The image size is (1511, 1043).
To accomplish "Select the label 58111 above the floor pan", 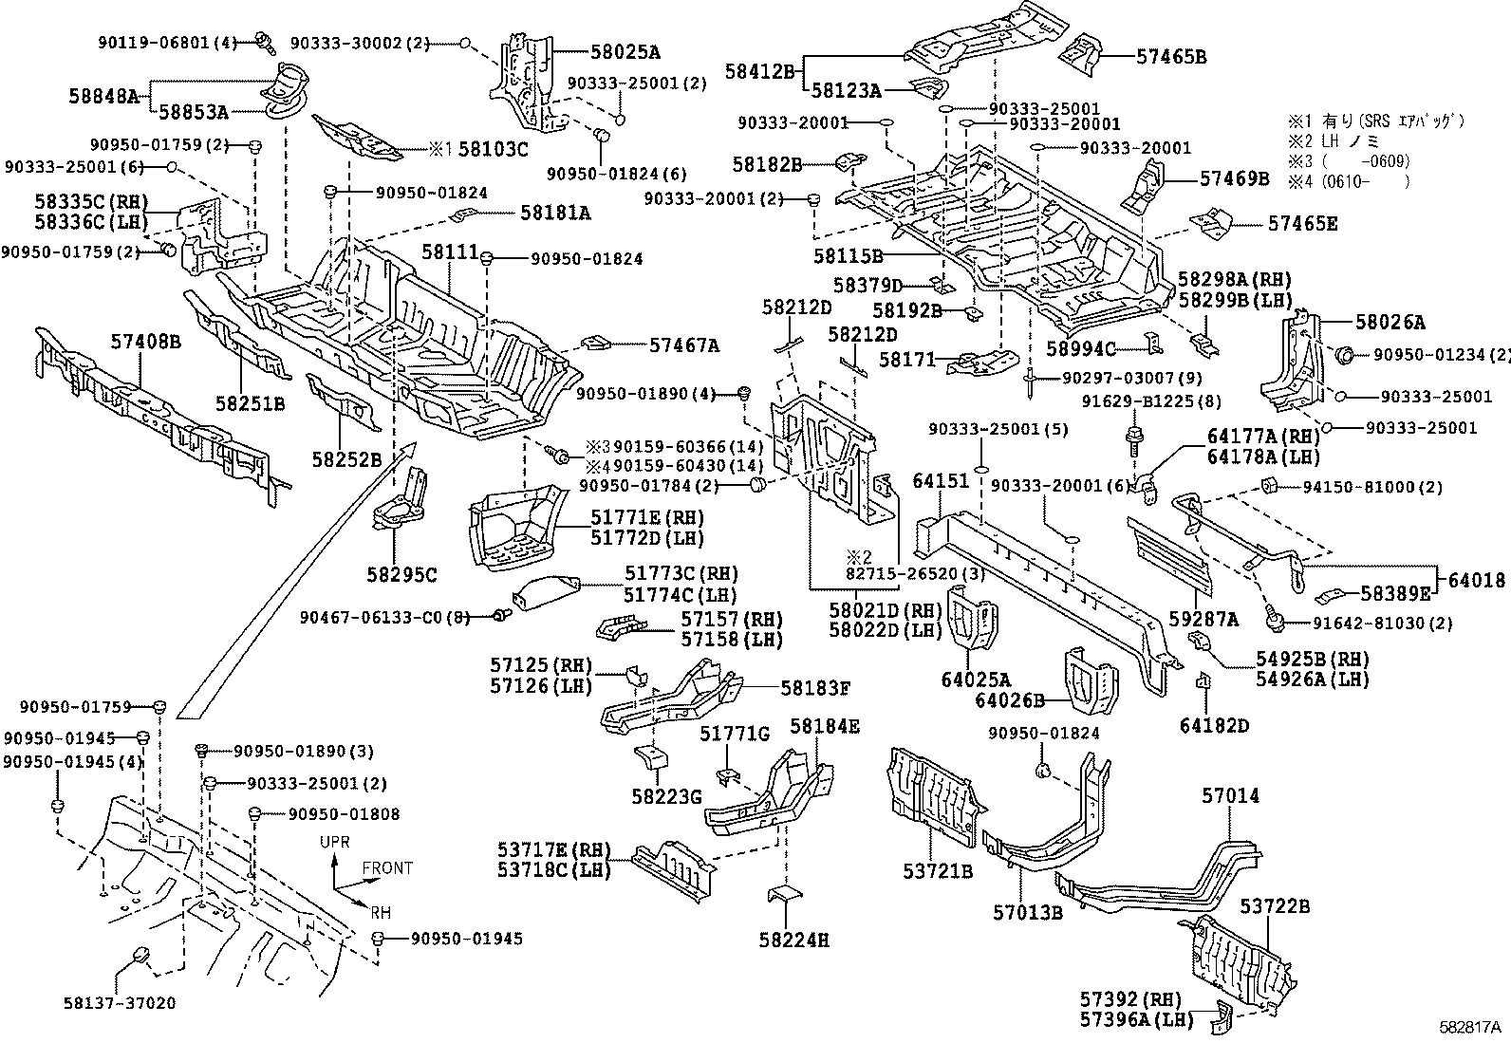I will coord(449,251).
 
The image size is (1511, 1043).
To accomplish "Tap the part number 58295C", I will coord(401,574).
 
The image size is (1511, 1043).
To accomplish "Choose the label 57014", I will coord(1230,795).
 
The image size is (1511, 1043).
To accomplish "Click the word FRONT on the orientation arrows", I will coord(387,867).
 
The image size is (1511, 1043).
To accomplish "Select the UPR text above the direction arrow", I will coord(335,843).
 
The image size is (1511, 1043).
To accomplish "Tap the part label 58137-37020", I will coord(120,1002).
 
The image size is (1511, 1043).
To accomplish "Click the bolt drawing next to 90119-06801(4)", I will coord(263,42).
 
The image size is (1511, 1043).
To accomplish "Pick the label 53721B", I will coord(937,869).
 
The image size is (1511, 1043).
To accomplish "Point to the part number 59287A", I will coord(1203,619).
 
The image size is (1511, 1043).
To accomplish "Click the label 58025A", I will coord(613,52).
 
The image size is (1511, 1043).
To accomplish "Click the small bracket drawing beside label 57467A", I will coord(595,342).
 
